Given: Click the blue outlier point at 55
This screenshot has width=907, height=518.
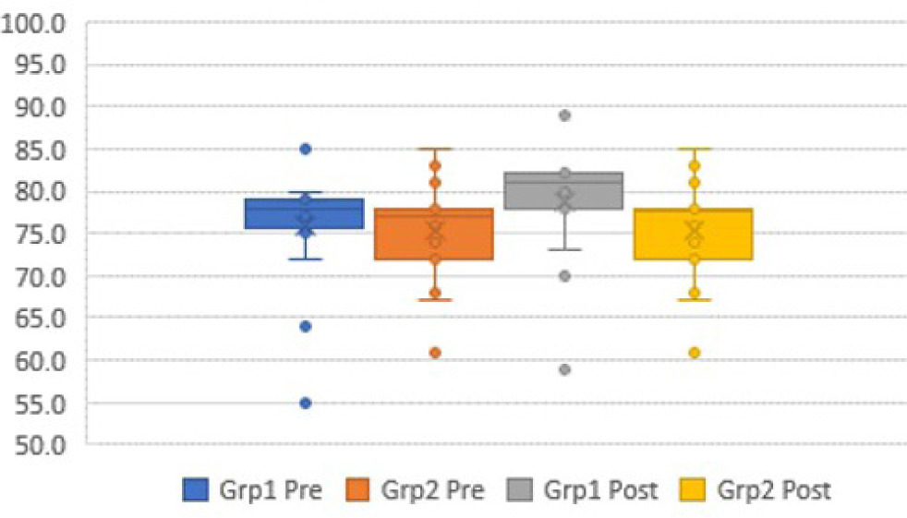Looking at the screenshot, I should pyautogui.click(x=306, y=403).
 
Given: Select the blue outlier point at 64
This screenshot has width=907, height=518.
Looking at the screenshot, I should pyautogui.click(x=306, y=326).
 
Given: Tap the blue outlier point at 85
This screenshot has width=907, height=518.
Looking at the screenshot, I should pyautogui.click(x=306, y=149).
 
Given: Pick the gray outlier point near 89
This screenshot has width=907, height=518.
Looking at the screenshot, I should pyautogui.click(x=564, y=115).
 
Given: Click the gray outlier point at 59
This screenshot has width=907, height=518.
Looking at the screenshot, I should pyautogui.click(x=564, y=369).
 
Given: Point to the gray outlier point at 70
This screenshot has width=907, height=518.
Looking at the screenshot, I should pyautogui.click(x=564, y=276).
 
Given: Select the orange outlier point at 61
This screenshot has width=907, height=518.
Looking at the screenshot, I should pyautogui.click(x=435, y=353).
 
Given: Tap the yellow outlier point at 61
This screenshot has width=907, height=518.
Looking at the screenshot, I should pyautogui.click(x=694, y=353).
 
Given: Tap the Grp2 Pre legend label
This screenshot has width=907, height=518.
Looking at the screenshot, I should pyautogui.click(x=432, y=489).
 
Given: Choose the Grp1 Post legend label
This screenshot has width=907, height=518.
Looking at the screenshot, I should pyautogui.click(x=600, y=489).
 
